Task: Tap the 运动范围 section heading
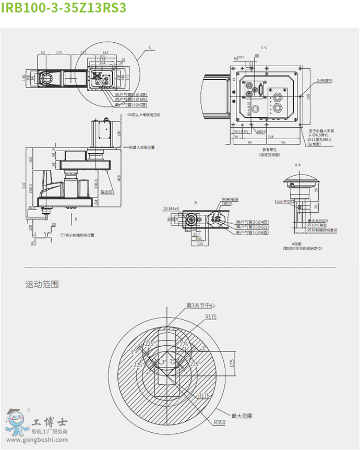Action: tap(42, 285)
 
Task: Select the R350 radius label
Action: tap(219, 422)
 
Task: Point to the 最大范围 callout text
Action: tap(242, 416)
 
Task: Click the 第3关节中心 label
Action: tap(201, 305)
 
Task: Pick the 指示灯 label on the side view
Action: tap(107, 191)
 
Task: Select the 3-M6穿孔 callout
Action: tap(325, 81)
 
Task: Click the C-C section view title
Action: tap(264, 47)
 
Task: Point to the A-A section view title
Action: tap(298, 164)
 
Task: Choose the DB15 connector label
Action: tap(227, 204)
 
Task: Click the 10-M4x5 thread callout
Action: tap(171, 209)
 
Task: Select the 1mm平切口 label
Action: tap(283, 201)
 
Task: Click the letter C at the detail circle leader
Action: tap(150, 47)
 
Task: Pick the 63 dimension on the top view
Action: tap(42, 53)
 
